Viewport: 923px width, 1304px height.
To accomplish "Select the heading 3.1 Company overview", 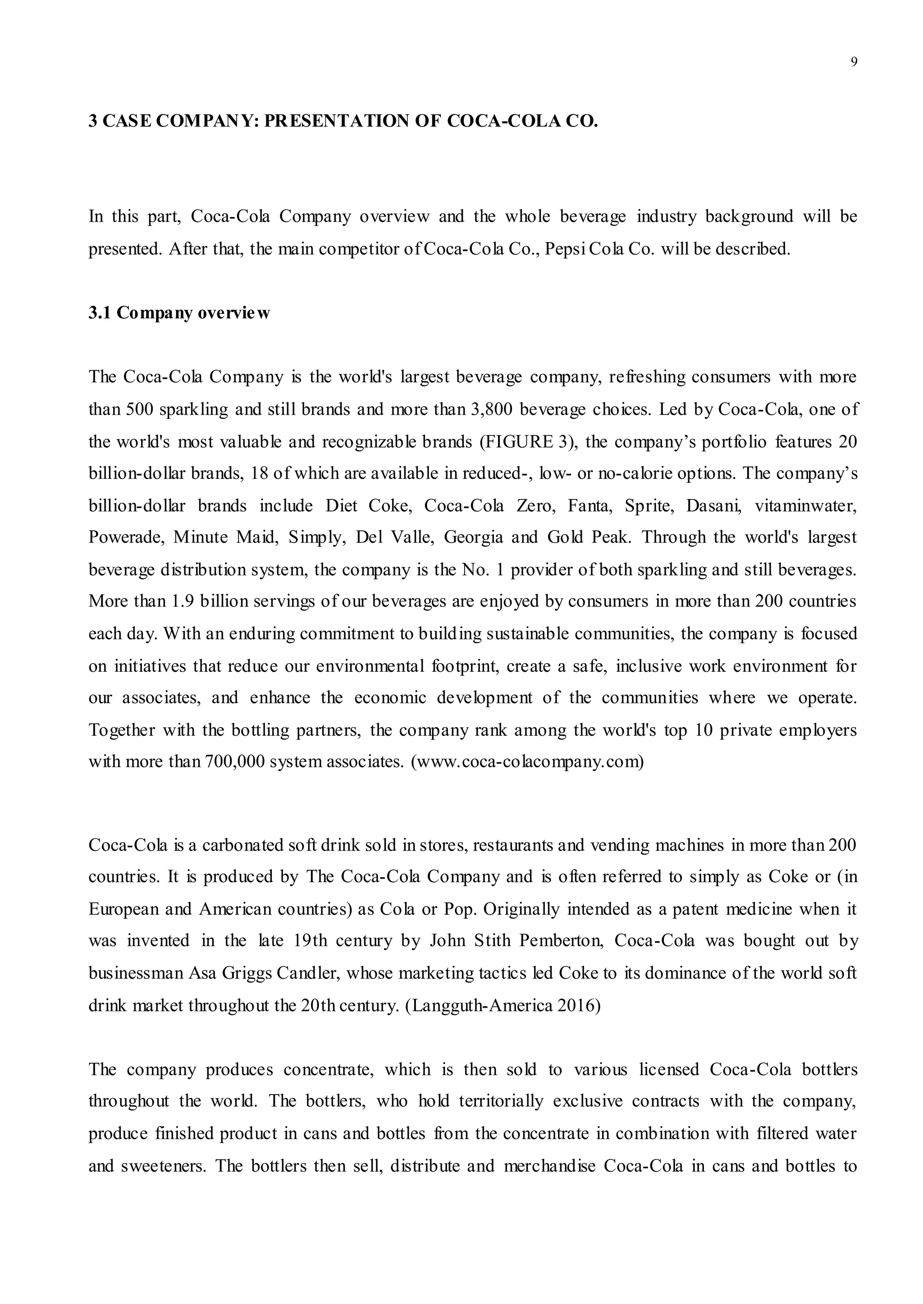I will point(179,313).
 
